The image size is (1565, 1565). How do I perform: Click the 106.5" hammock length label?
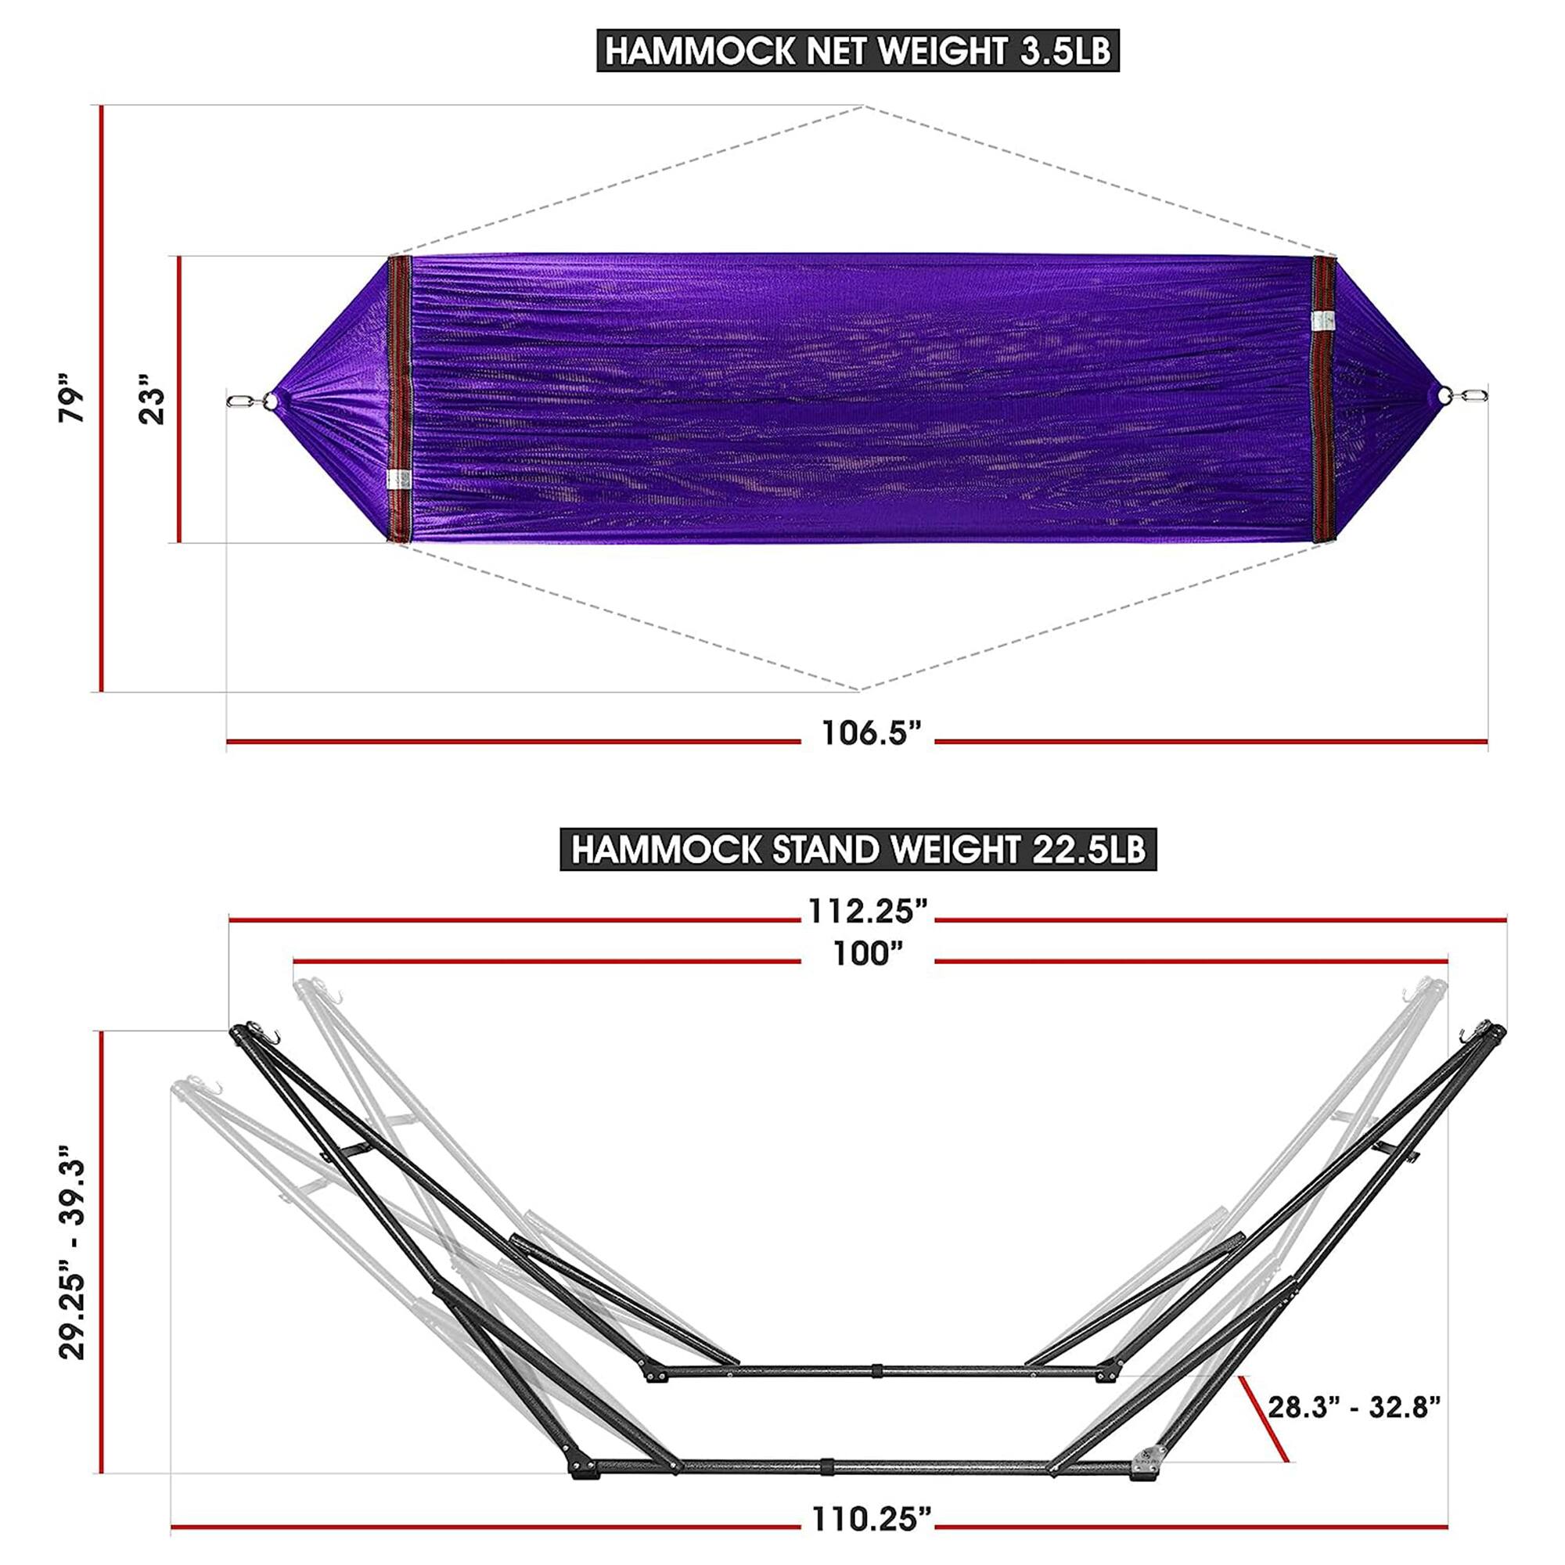872,734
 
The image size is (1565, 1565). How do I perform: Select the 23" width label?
151,399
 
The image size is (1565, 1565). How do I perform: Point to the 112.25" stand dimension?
867,913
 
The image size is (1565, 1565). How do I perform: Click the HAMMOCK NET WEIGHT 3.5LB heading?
858,51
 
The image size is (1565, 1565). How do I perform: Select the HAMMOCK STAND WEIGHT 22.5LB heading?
858,851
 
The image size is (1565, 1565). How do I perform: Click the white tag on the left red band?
399,480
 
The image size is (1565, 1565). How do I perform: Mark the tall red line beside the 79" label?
101,398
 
